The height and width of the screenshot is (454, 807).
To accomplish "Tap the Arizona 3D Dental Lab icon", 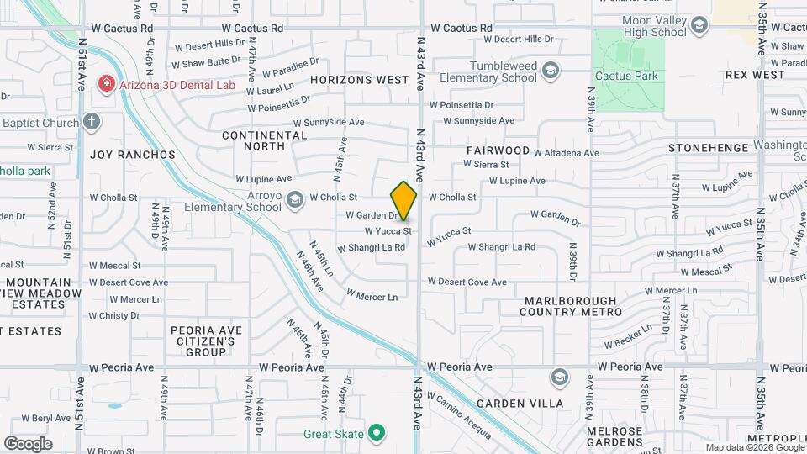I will (106, 83).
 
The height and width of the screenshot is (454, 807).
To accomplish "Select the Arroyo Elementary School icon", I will (294, 199).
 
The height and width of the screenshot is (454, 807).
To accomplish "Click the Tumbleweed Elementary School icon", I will (551, 70).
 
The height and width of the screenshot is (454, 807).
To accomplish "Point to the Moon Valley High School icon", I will (699, 25).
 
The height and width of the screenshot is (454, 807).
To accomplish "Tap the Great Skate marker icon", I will (377, 434).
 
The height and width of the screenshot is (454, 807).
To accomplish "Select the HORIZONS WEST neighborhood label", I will (359, 80).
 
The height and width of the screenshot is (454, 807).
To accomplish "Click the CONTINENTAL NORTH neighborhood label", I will (265, 141).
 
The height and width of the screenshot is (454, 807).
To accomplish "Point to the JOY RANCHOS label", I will (133, 155).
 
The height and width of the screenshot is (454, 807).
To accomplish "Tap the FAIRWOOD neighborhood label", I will (498, 150).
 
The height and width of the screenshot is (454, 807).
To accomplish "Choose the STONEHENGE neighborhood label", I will (708, 148).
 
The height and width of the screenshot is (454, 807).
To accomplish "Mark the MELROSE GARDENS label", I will (614, 437).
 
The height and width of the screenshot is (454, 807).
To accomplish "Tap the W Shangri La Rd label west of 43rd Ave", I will (372, 248).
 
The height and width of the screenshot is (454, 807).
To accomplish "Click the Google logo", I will (28, 443).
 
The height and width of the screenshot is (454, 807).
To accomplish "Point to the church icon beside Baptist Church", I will (91, 122).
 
